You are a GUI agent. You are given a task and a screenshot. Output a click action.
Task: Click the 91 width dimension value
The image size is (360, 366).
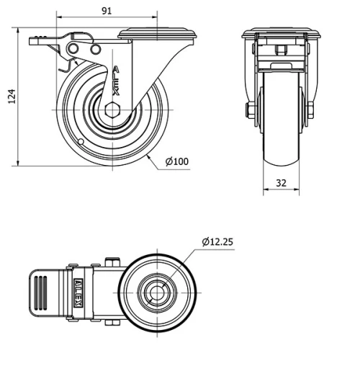pyautogui.click(x=107, y=11)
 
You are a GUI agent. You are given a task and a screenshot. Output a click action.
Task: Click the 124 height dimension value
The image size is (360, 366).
pyautogui.click(x=12, y=97)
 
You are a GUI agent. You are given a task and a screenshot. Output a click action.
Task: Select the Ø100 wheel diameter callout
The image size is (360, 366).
pyautogui.click(x=177, y=161)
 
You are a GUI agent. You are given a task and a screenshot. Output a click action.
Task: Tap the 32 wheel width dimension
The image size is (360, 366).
pyautogui.click(x=281, y=183)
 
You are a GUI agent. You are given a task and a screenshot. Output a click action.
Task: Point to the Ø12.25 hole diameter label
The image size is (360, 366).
pyautogui.click(x=217, y=241)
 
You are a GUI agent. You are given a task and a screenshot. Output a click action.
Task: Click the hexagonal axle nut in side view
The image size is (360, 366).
pyautogui.click(x=112, y=110)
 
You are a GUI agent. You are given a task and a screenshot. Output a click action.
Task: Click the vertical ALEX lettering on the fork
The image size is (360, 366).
pyautogui.click(x=116, y=81)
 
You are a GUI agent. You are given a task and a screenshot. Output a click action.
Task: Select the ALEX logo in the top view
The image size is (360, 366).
pyautogui.click(x=78, y=293)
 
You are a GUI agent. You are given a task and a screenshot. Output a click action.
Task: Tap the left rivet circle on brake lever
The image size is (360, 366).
pyautogui.click(x=73, y=49)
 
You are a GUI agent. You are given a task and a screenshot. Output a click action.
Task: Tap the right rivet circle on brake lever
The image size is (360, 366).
pyautogui.click(x=95, y=49)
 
